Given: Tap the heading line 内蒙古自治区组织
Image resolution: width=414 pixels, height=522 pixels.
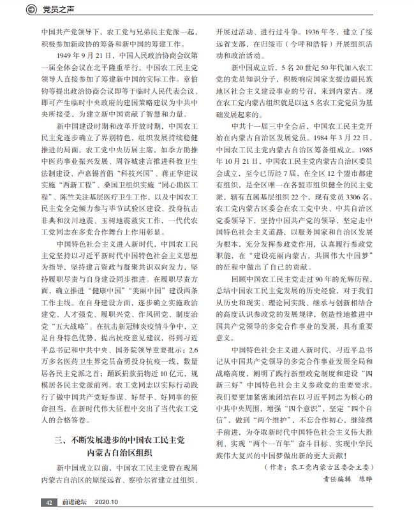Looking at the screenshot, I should pyautogui.click(x=120, y=453).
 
